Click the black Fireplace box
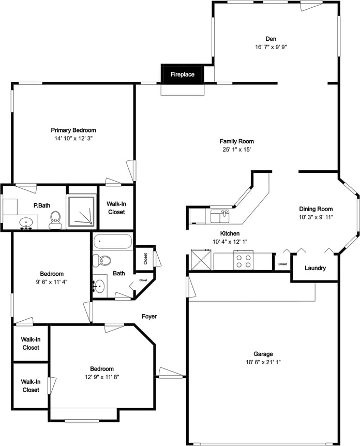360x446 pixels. click(x=183, y=74)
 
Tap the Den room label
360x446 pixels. click(x=271, y=39)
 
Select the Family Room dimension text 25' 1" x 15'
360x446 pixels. click(x=236, y=150)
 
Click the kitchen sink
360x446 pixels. click(x=219, y=216)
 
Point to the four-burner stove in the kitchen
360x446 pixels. click(x=244, y=260)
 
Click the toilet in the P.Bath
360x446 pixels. click(x=55, y=220)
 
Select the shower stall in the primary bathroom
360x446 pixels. click(x=81, y=211)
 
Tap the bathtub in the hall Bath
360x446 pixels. click(x=113, y=242)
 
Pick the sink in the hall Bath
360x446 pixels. click(x=99, y=286)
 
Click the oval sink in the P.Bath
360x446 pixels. click(x=26, y=222)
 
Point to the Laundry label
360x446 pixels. click(x=315, y=268)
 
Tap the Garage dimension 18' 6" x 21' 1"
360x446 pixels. click(x=263, y=362)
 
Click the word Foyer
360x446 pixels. click(x=149, y=316)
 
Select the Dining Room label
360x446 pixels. click(x=316, y=209)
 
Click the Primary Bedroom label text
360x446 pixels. click(x=73, y=130)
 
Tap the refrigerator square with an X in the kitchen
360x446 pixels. click(x=201, y=259)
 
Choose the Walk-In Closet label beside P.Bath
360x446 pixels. click(x=116, y=208)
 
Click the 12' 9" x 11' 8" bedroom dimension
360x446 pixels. click(x=102, y=377)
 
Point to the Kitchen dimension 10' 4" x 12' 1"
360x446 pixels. click(x=230, y=242)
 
